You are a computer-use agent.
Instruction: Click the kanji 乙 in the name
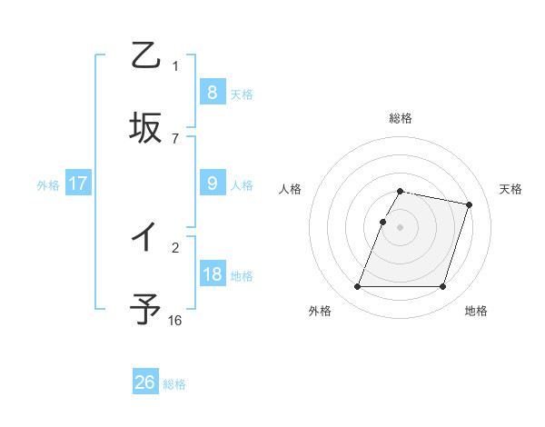[145, 56]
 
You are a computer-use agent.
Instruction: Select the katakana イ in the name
[145, 238]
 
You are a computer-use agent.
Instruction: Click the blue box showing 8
[212, 92]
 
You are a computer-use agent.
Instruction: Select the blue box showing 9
[212, 184]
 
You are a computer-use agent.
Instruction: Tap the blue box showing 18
[212, 274]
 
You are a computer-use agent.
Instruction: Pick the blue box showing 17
[77, 184]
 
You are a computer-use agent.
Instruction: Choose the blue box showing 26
[145, 382]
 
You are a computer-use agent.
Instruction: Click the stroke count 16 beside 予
[175, 320]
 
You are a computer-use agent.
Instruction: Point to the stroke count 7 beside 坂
[175, 138]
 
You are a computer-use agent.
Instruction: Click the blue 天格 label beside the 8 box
[242, 94]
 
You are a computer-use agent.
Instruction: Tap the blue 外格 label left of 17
[48, 185]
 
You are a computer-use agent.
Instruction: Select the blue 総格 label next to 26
[174, 384]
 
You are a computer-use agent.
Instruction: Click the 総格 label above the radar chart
[401, 118]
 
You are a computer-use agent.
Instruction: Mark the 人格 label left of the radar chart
[291, 189]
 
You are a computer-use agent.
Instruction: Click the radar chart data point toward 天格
[470, 205]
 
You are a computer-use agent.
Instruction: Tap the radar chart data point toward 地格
[442, 287]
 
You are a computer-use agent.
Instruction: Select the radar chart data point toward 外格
[358, 287]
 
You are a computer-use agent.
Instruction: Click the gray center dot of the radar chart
[401, 227]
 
